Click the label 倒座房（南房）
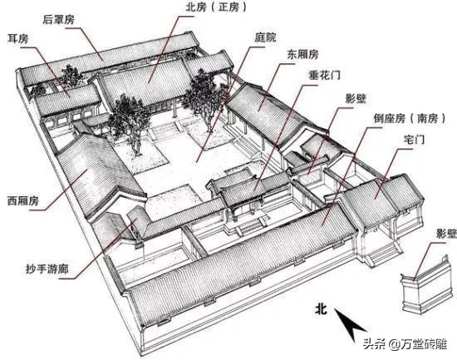click(x=405, y=119)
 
